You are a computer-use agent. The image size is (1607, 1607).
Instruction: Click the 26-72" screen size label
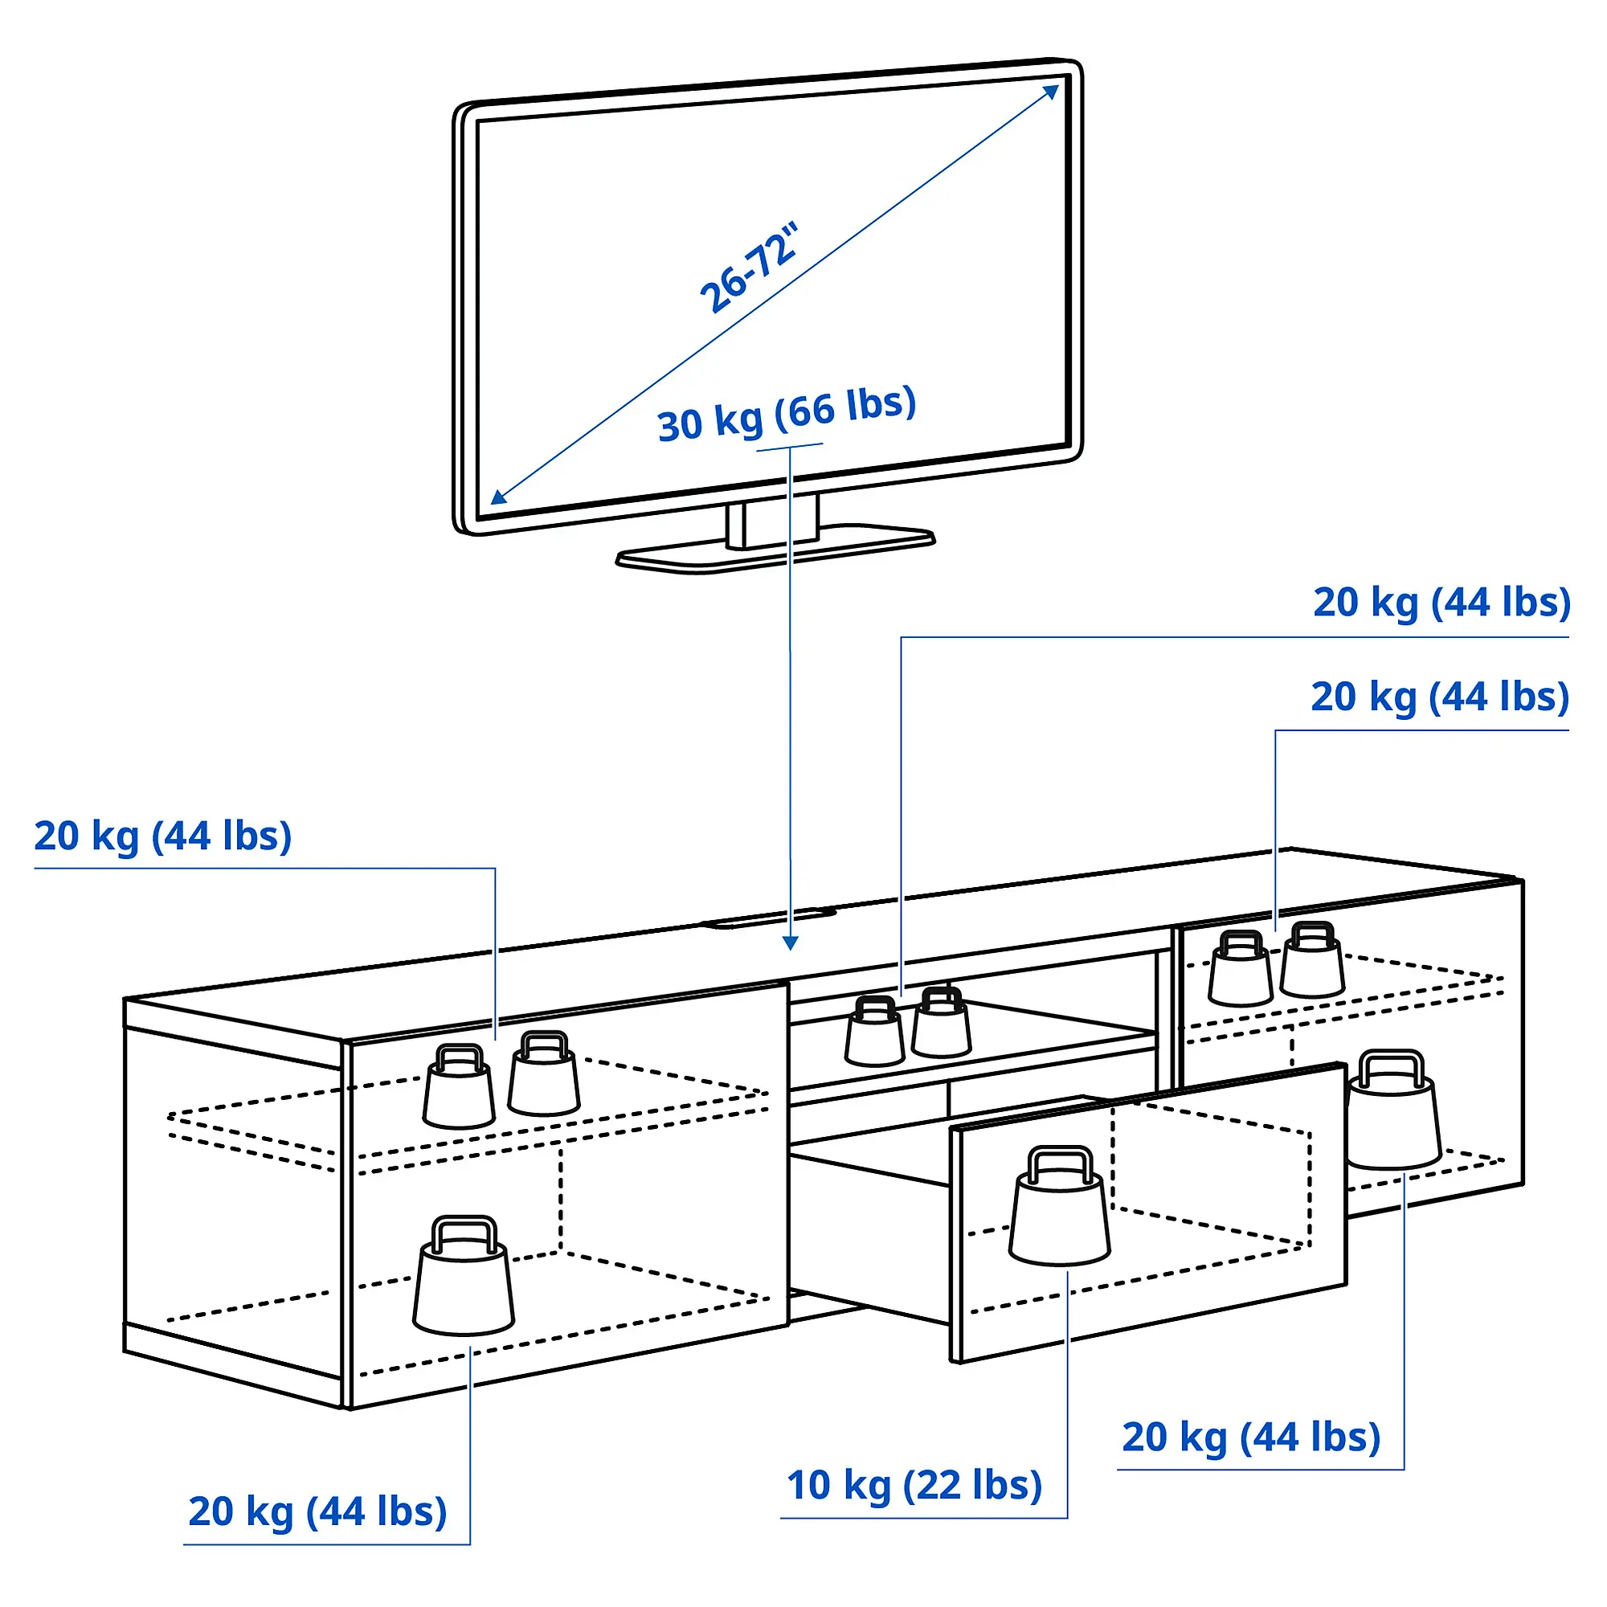coord(749,268)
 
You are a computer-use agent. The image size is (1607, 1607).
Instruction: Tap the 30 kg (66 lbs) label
coord(786,413)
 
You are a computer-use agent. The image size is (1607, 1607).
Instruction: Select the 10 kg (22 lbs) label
coord(914,1485)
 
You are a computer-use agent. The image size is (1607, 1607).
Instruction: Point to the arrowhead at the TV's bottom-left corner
coord(497,497)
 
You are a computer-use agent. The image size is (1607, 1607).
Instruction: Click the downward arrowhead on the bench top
coord(790,943)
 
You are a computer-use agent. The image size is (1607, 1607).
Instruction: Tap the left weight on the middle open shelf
coord(873,1033)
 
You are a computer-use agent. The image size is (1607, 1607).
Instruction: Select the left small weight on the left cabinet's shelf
coord(458,1087)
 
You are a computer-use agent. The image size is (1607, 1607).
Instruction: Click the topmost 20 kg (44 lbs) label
coord(1441,602)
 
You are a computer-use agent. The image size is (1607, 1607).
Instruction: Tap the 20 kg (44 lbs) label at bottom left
coord(317,1511)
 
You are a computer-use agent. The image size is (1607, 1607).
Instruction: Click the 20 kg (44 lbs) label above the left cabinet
coord(163,836)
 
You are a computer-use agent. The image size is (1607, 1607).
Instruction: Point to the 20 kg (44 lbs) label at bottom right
coord(1250,1437)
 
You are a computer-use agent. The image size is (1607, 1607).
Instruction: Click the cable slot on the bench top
coord(767,918)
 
